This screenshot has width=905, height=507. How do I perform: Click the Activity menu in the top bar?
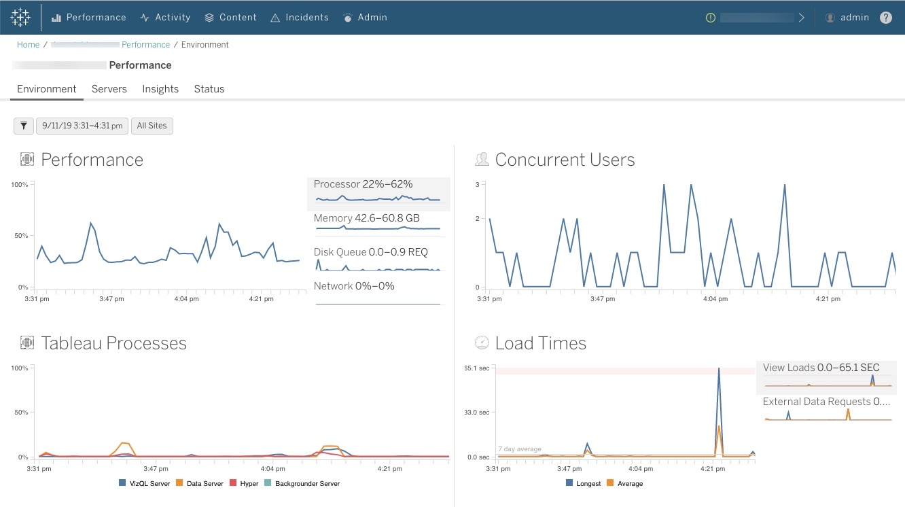click(165, 18)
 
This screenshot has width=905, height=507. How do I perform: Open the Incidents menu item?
click(300, 18)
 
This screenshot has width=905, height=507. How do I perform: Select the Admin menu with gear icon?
click(366, 18)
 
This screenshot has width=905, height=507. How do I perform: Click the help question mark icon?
click(886, 18)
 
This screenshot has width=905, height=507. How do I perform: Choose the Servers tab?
click(109, 89)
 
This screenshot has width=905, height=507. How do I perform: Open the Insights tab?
click(160, 89)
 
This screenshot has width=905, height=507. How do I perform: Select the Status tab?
click(209, 89)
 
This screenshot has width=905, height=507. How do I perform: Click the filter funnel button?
click(24, 126)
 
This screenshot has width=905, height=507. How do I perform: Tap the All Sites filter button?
click(152, 126)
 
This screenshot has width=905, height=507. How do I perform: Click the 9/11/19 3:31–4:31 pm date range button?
click(82, 126)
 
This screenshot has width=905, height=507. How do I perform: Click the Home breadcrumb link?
click(29, 45)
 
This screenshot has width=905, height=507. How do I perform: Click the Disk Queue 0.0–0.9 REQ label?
click(371, 252)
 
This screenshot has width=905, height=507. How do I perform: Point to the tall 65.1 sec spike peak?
click(719, 369)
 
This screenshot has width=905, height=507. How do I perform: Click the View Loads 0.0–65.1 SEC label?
click(821, 368)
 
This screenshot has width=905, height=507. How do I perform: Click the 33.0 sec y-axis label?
click(477, 413)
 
